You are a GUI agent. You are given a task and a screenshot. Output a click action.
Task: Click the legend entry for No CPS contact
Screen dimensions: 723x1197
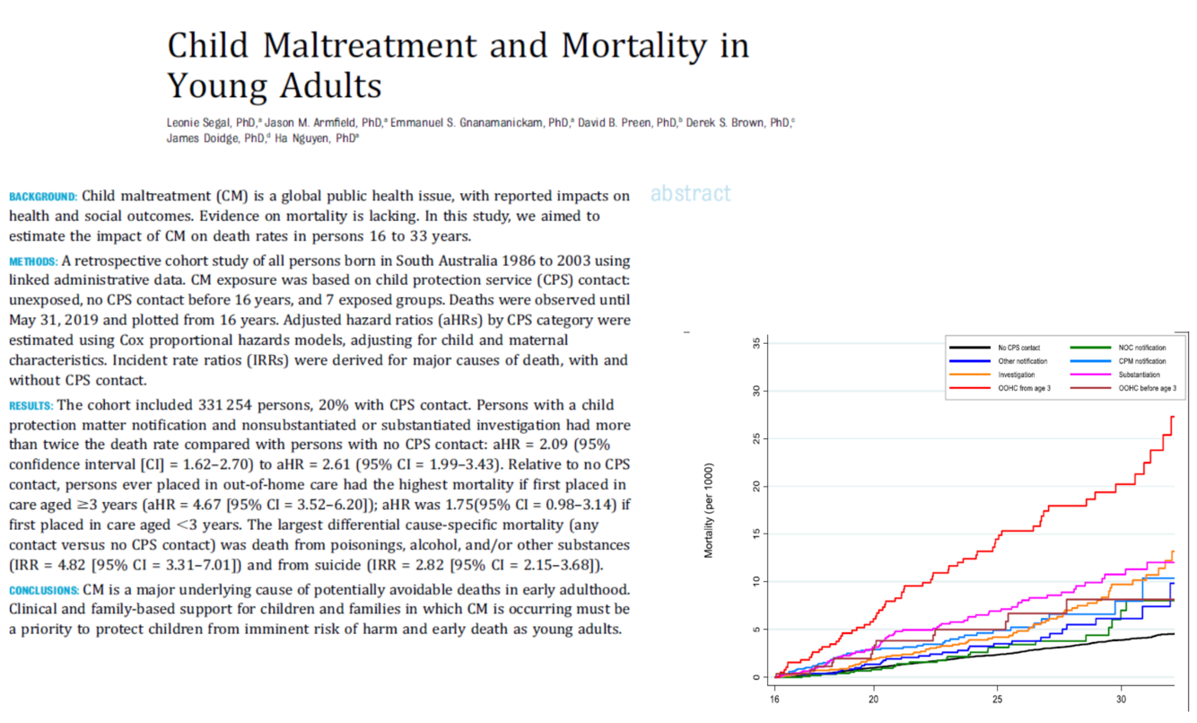coord(1013,347)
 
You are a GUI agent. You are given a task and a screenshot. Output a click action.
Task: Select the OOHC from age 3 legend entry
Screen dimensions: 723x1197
coord(1023,388)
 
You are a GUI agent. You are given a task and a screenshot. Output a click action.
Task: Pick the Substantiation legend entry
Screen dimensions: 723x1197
coord(1139,375)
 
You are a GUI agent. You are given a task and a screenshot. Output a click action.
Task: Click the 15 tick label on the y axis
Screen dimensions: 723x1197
coord(756,534)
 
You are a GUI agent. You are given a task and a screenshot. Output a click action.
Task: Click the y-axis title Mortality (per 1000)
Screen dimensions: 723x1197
coord(709,509)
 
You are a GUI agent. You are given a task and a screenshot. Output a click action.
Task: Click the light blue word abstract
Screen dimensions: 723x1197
coord(690,193)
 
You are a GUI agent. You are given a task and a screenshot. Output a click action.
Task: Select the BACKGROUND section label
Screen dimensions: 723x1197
coord(42,196)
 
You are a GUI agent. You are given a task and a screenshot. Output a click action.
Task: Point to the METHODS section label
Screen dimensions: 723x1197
coord(34,261)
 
